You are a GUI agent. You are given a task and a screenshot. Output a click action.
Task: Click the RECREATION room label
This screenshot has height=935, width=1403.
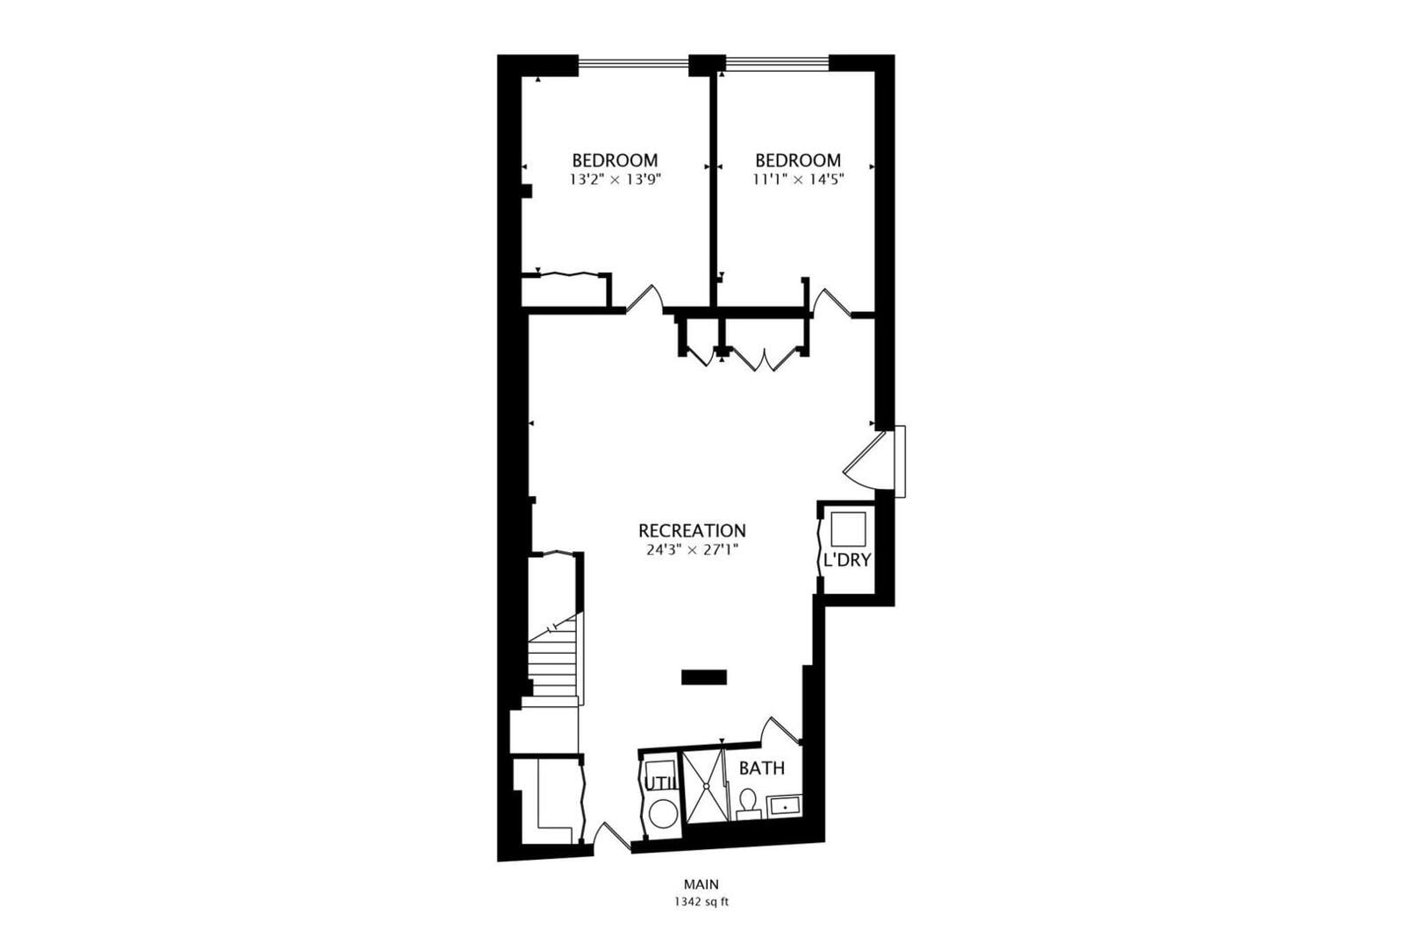pyautogui.click(x=692, y=531)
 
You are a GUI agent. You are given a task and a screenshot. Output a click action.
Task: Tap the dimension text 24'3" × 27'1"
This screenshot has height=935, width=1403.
pyautogui.click(x=692, y=550)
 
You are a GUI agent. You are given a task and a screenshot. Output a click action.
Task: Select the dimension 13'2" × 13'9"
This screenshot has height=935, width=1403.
pyautogui.click(x=615, y=180)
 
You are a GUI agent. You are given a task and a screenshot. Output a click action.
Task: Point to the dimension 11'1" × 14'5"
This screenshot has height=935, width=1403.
pyautogui.click(x=798, y=180)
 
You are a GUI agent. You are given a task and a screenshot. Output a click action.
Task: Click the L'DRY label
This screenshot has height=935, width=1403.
pyautogui.click(x=847, y=560)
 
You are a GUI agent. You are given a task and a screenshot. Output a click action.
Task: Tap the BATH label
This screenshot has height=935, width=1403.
pyautogui.click(x=762, y=768)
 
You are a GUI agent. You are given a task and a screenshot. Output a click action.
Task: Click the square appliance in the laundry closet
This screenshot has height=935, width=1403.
pyautogui.click(x=848, y=528)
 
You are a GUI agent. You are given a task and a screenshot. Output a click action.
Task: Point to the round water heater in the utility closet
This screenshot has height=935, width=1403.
pyautogui.click(x=663, y=813)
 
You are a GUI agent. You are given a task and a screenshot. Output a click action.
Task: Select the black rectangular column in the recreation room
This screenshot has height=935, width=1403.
pyautogui.click(x=704, y=677)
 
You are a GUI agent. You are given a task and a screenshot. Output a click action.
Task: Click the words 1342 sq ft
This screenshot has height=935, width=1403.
pyautogui.click(x=701, y=902)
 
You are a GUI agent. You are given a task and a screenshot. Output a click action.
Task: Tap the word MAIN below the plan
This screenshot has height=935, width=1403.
pyautogui.click(x=701, y=884)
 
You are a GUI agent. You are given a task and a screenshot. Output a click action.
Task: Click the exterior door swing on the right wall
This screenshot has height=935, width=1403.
pyautogui.click(x=870, y=462)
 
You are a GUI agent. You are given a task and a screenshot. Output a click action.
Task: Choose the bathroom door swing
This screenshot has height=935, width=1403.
pyautogui.click(x=780, y=730)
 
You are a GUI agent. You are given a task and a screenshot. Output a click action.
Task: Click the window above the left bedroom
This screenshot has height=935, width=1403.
pyautogui.click(x=633, y=62)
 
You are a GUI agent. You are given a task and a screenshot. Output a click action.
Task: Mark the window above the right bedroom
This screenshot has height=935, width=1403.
pyautogui.click(x=777, y=62)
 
